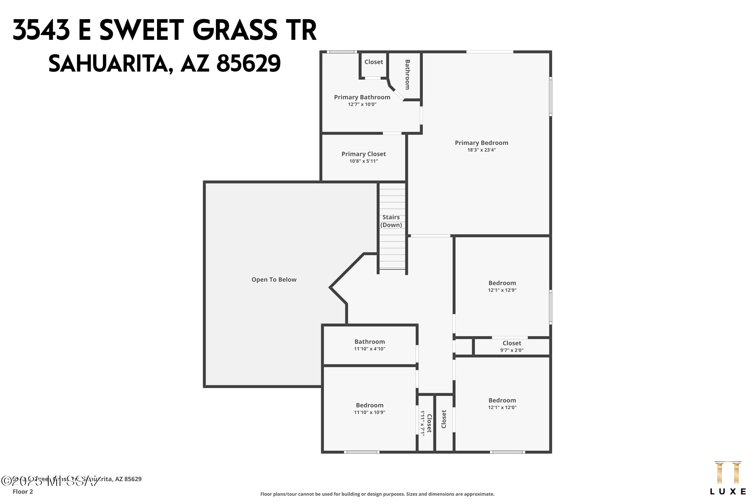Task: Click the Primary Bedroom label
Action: (481, 143)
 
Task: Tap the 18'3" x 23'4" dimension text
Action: (481, 150)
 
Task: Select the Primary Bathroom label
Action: (362, 97)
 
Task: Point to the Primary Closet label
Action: (363, 154)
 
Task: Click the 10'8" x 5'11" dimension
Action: (363, 161)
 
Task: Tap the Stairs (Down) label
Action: (391, 221)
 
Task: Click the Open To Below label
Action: (274, 280)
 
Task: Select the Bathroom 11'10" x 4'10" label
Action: (369, 342)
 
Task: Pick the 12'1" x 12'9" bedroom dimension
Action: (502, 290)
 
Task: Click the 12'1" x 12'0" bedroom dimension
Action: (502, 408)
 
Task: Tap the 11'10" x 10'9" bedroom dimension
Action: (369, 412)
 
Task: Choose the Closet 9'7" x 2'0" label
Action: (512, 343)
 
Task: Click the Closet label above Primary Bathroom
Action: (373, 62)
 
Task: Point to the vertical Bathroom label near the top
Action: (407, 75)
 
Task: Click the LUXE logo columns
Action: (728, 472)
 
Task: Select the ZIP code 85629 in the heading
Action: (248, 64)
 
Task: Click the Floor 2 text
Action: (23, 491)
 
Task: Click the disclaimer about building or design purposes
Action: (377, 494)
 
